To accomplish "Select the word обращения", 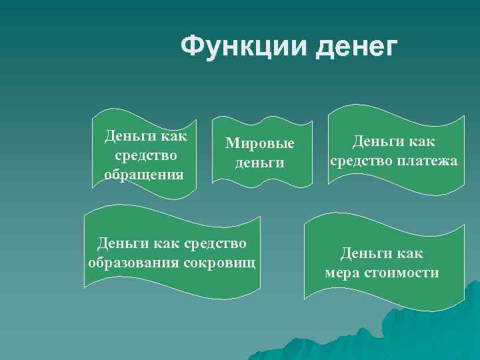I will (x=145, y=175).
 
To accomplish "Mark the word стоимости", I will (x=402, y=272).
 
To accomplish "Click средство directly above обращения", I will (x=145, y=156).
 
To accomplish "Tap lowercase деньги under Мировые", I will (x=259, y=163).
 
